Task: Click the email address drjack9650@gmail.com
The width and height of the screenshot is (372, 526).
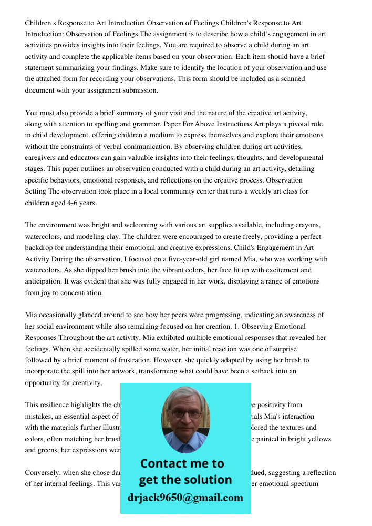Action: (x=185, y=498)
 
